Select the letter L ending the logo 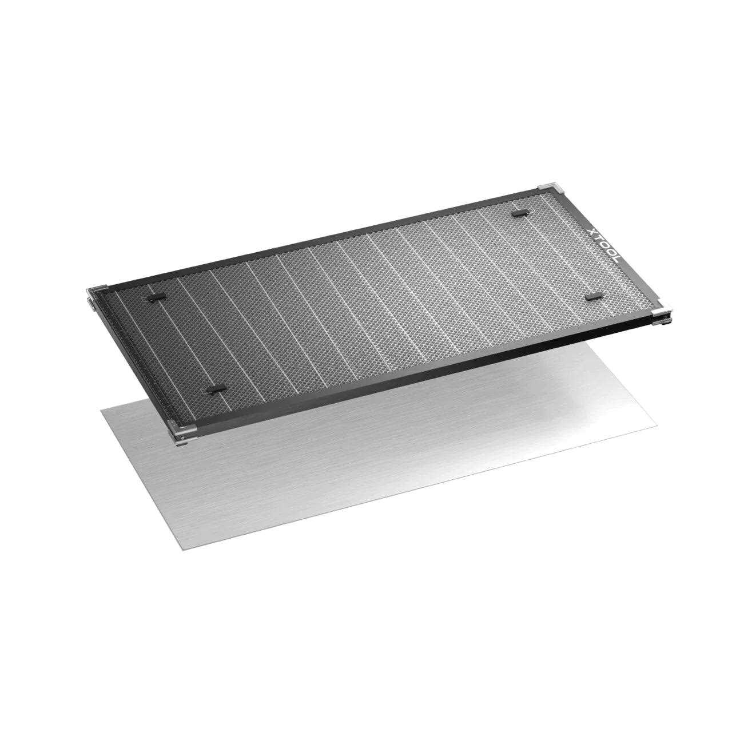click(x=615, y=260)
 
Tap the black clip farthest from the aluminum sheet click(x=520, y=213)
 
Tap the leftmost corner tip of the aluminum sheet click(x=101, y=409)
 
